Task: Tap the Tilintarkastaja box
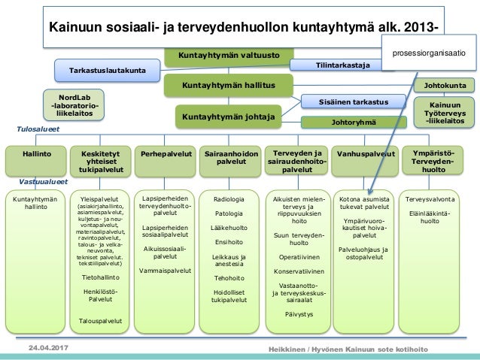point(343,65)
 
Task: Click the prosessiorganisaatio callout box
point(429,53)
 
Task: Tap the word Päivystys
point(299,313)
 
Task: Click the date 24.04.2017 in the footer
point(49,349)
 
